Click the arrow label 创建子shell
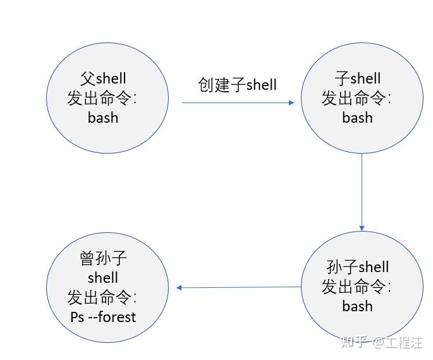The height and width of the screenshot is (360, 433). click(238, 85)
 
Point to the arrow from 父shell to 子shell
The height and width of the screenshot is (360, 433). click(238, 102)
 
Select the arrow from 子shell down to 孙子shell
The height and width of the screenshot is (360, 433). click(362, 190)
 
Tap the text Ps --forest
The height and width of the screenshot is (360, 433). click(104, 316)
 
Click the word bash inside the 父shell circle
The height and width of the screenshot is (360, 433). click(103, 118)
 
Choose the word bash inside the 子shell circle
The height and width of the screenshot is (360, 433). click(358, 118)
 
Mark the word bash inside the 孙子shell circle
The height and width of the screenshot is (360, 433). click(358, 306)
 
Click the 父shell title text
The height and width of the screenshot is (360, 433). click(103, 78)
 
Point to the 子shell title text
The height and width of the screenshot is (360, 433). click(358, 78)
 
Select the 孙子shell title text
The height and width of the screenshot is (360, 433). click(358, 267)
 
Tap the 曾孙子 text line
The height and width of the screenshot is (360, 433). click(104, 258)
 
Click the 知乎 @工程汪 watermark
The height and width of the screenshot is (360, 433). click(382, 342)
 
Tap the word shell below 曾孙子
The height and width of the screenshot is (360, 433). click(104, 278)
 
